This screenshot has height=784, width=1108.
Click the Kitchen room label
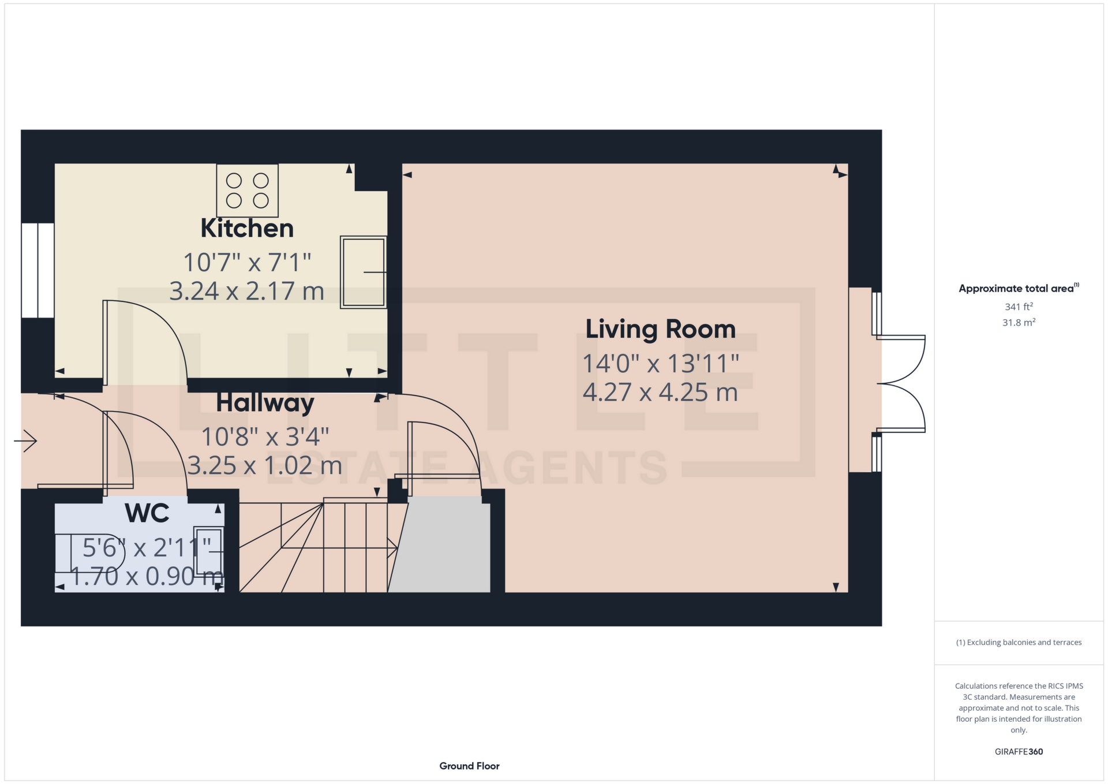point(247,229)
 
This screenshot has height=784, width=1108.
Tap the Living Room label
point(661,330)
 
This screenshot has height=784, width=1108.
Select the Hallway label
point(265,403)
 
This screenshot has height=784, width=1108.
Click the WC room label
point(147,513)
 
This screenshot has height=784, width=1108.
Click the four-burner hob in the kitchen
point(248,191)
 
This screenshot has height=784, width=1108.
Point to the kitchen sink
point(364,272)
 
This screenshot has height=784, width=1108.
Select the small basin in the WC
point(208,552)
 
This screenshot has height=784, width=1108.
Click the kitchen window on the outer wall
point(38,270)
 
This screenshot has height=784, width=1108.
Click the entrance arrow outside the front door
point(25,442)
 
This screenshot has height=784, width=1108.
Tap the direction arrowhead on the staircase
point(392,548)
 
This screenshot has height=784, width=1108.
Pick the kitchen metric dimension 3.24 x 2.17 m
point(247,291)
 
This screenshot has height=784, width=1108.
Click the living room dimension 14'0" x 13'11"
point(661,364)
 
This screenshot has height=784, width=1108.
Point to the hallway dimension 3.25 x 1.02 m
point(265,466)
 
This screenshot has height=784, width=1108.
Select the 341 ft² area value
point(1019,307)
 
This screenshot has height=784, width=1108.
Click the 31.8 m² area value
point(1019,322)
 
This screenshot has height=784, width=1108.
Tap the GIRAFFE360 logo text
point(1019,752)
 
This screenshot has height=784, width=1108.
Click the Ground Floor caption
point(470,766)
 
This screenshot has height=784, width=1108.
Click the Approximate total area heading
point(1019,288)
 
